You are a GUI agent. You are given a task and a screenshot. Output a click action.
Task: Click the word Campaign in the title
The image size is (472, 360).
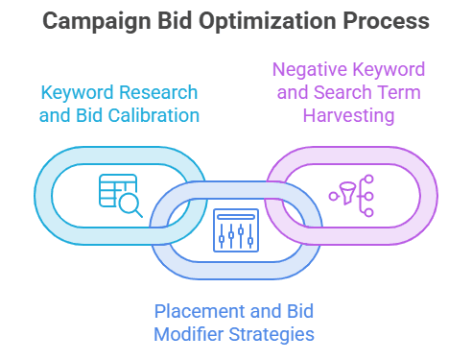97,22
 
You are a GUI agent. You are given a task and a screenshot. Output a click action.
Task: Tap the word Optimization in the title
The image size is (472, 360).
268,22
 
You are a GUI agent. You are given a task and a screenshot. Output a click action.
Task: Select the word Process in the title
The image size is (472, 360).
387,21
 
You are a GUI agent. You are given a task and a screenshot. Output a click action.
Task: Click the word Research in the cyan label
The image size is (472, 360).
158,92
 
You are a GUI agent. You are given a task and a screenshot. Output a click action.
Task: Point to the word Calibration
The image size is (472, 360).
153,115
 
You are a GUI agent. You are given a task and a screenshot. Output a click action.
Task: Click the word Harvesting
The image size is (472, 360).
348,115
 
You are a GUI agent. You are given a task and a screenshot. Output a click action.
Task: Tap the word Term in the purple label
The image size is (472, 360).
399,92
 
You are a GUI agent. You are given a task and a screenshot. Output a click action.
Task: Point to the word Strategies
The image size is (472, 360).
271,335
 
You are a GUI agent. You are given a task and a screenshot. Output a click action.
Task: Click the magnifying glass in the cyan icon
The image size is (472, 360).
130,204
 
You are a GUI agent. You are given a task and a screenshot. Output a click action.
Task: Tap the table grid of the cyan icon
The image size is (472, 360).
118,190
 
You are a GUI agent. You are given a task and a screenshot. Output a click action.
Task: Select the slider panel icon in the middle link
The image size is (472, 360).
236,230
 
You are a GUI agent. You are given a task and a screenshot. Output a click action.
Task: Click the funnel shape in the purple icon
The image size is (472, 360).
348,193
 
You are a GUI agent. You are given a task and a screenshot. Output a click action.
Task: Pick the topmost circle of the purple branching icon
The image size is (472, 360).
369,179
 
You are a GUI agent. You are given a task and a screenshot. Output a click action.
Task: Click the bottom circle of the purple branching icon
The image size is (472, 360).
369,212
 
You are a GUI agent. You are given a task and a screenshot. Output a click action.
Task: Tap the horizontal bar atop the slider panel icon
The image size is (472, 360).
236,217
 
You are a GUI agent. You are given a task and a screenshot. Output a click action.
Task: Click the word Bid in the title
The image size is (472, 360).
175,21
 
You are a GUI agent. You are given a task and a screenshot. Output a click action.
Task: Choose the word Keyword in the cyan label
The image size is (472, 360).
78,93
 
